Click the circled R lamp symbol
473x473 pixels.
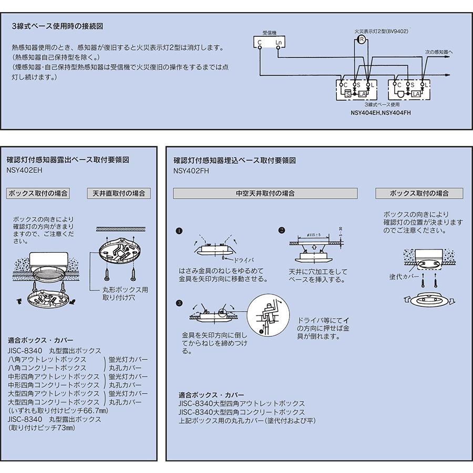(x=361, y=39)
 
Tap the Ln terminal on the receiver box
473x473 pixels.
(x=279, y=42)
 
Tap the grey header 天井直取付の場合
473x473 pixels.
(x=118, y=193)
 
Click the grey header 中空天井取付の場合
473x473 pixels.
(x=265, y=193)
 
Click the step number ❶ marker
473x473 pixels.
(x=179, y=231)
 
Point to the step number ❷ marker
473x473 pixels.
(x=282, y=230)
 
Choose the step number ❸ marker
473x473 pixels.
(x=179, y=303)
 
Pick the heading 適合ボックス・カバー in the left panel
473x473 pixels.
(x=41, y=340)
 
